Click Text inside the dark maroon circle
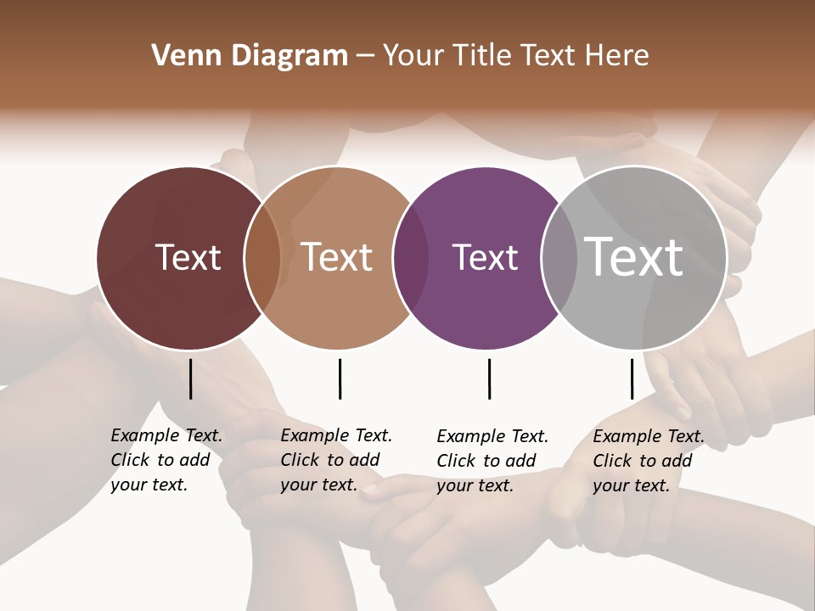[x=188, y=257]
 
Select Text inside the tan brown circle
[x=337, y=257]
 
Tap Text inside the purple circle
[x=485, y=257]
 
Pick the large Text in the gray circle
[x=634, y=256]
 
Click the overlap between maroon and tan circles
[x=262, y=258]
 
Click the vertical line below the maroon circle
[x=191, y=378]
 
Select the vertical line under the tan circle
[x=340, y=378]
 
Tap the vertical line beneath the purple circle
[x=489, y=378]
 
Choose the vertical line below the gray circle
[x=632, y=378]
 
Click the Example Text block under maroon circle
[x=166, y=460]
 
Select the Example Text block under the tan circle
[x=335, y=460]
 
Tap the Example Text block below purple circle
[x=492, y=461]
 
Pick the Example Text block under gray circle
[x=648, y=461]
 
